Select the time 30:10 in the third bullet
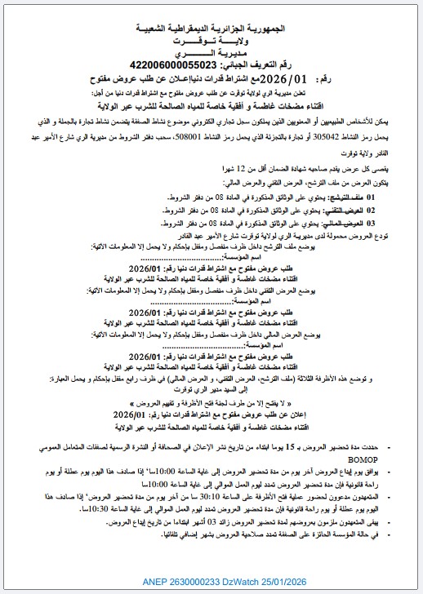pyautogui.click(x=223, y=496)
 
